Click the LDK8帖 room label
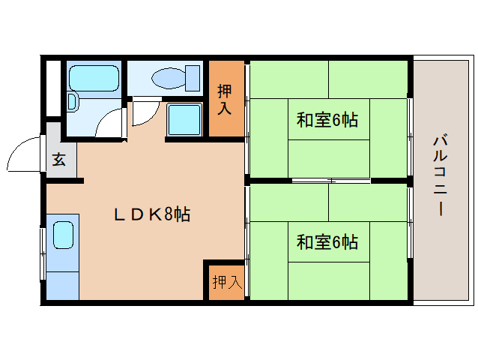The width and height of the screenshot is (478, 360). [152, 214]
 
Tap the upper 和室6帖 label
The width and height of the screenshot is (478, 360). [327, 119]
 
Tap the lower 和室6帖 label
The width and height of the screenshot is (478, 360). [327, 242]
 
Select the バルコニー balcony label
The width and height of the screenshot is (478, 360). [441, 176]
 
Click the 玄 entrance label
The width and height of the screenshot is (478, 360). [59, 160]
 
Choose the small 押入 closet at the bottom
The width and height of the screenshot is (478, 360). [226, 283]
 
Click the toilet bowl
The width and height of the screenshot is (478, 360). [169, 79]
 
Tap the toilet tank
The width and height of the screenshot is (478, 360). [193, 79]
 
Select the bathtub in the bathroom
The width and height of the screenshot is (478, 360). [94, 79]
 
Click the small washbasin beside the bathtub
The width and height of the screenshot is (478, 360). [72, 102]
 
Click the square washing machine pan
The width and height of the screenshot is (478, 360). [184, 119]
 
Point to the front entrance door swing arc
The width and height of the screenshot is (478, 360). [17, 149]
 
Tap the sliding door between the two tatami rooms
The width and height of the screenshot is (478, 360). [331, 181]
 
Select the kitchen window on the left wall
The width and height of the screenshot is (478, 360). [43, 253]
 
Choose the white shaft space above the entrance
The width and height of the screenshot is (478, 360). [53, 88]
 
